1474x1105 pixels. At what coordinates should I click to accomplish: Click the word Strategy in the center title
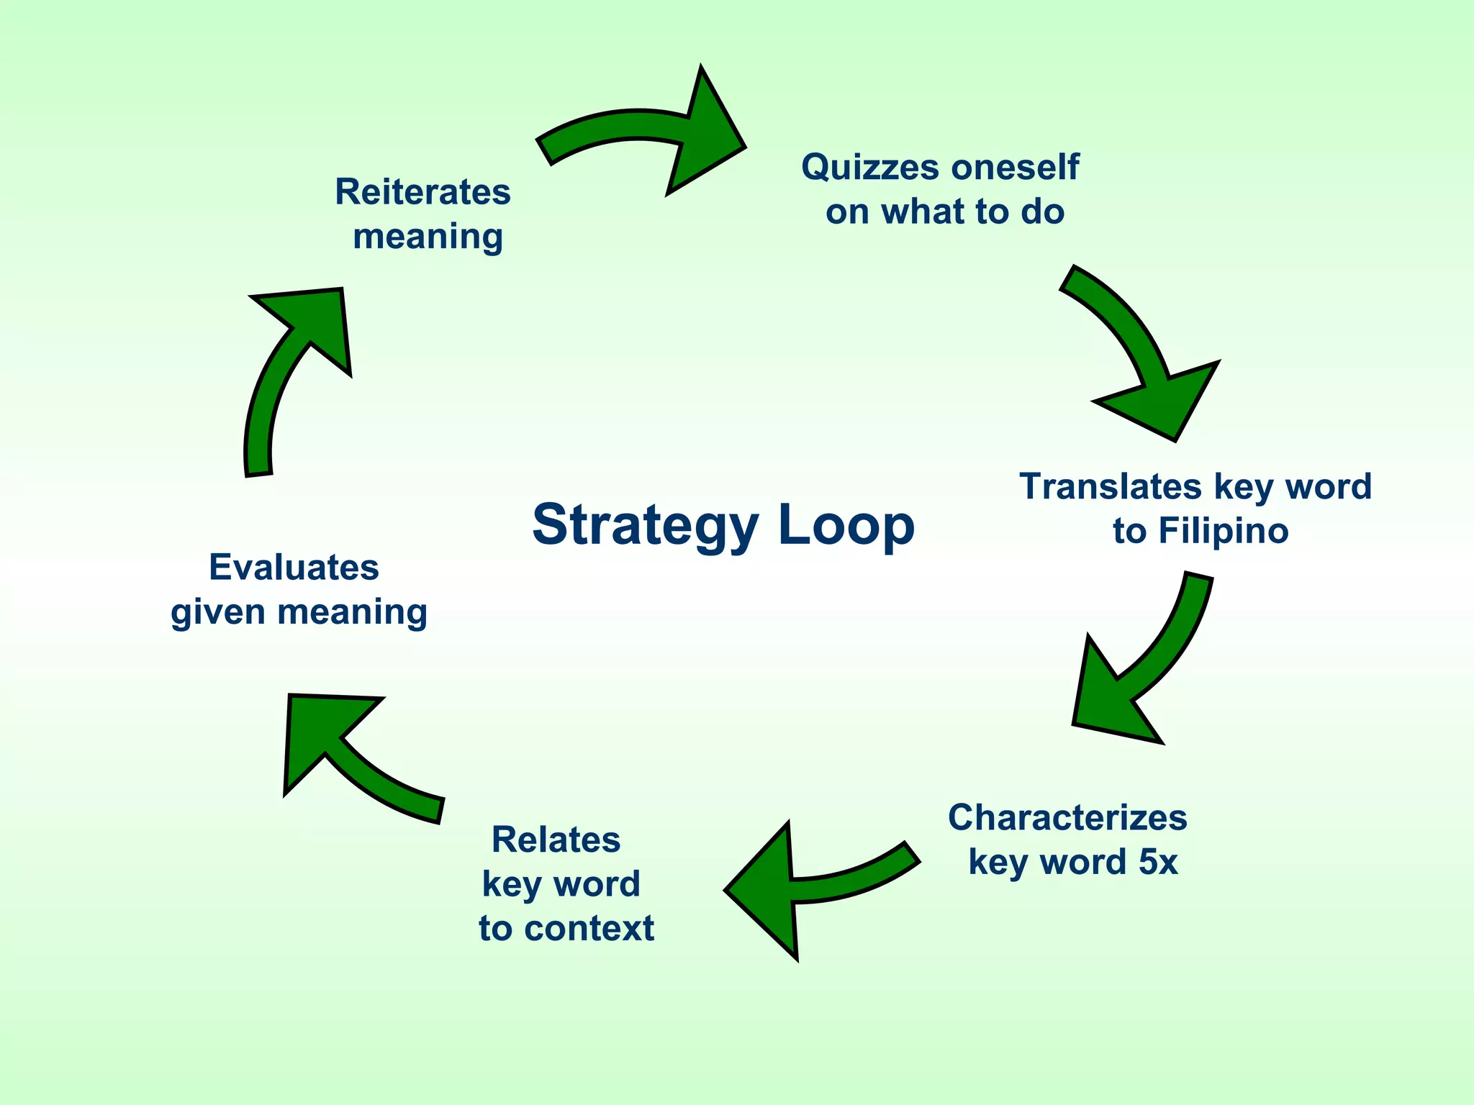click(645, 525)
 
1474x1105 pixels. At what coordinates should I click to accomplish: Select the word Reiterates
click(422, 193)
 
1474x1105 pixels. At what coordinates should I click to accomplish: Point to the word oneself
click(1015, 167)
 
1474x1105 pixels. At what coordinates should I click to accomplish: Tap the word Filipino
click(1223, 532)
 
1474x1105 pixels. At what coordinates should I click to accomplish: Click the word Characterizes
click(1067, 818)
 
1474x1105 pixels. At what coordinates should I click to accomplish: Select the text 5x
click(1158, 862)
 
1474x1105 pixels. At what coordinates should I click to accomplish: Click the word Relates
click(556, 840)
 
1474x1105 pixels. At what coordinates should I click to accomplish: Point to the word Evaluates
click(294, 568)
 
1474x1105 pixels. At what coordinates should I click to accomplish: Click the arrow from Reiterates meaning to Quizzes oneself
click(648, 133)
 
